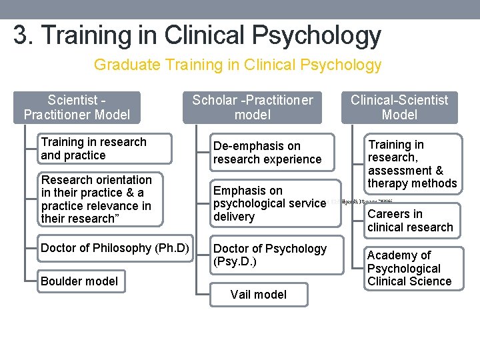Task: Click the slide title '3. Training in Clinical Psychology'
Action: pyautogui.click(x=197, y=35)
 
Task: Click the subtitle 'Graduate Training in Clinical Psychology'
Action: pyautogui.click(x=237, y=65)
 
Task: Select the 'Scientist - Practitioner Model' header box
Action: pyautogui.click(x=77, y=107)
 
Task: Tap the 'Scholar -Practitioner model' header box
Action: pyautogui.click(x=252, y=107)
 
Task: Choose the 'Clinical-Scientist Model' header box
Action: pyautogui.click(x=399, y=107)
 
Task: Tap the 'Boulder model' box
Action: pyautogui.click(x=79, y=281)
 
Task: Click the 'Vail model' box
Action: pyautogui.click(x=259, y=294)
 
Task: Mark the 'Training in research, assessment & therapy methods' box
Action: pyautogui.click(x=412, y=164)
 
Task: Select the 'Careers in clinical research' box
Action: pyautogui.click(x=410, y=221)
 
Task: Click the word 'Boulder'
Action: pyautogui.click(x=61, y=281)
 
